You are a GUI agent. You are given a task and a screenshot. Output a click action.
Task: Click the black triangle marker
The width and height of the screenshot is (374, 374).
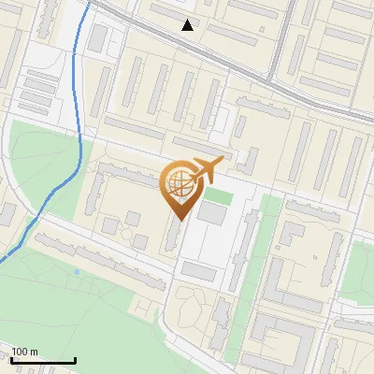coord(188,25)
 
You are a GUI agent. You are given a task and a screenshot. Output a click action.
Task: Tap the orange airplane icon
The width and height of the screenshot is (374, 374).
coord(208,168)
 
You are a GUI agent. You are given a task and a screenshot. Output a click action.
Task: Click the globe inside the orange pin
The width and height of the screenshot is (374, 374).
coord(178,183)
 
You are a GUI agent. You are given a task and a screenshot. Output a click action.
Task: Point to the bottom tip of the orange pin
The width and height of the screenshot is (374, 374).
coord(178,220)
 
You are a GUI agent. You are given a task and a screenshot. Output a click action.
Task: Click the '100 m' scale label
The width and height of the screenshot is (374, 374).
coord(25,351)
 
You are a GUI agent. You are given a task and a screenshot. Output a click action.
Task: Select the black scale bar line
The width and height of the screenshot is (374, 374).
coord(43,360)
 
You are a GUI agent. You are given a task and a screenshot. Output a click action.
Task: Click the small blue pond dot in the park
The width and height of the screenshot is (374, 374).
coord(76,272)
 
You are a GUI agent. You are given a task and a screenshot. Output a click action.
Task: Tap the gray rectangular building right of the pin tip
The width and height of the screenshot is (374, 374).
coord(211,214)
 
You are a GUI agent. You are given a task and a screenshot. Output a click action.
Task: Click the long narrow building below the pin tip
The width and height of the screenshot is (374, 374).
coord(172,234)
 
